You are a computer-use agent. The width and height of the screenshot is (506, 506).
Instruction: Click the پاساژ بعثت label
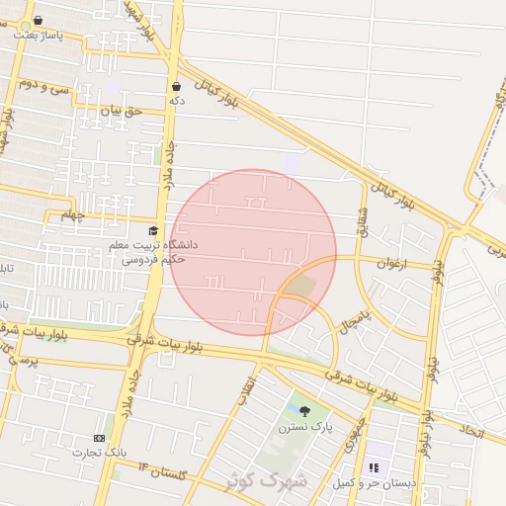pyautogui.click(x=39, y=35)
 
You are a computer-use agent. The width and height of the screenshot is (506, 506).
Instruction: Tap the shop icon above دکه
pyautogui.click(x=176, y=87)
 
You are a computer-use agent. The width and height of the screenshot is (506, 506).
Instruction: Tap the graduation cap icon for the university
pyautogui.click(x=152, y=230)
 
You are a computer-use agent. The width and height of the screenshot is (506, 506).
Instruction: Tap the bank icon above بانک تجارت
pyautogui.click(x=99, y=438)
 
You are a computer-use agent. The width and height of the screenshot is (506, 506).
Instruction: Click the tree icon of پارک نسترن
pyautogui.click(x=303, y=411)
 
